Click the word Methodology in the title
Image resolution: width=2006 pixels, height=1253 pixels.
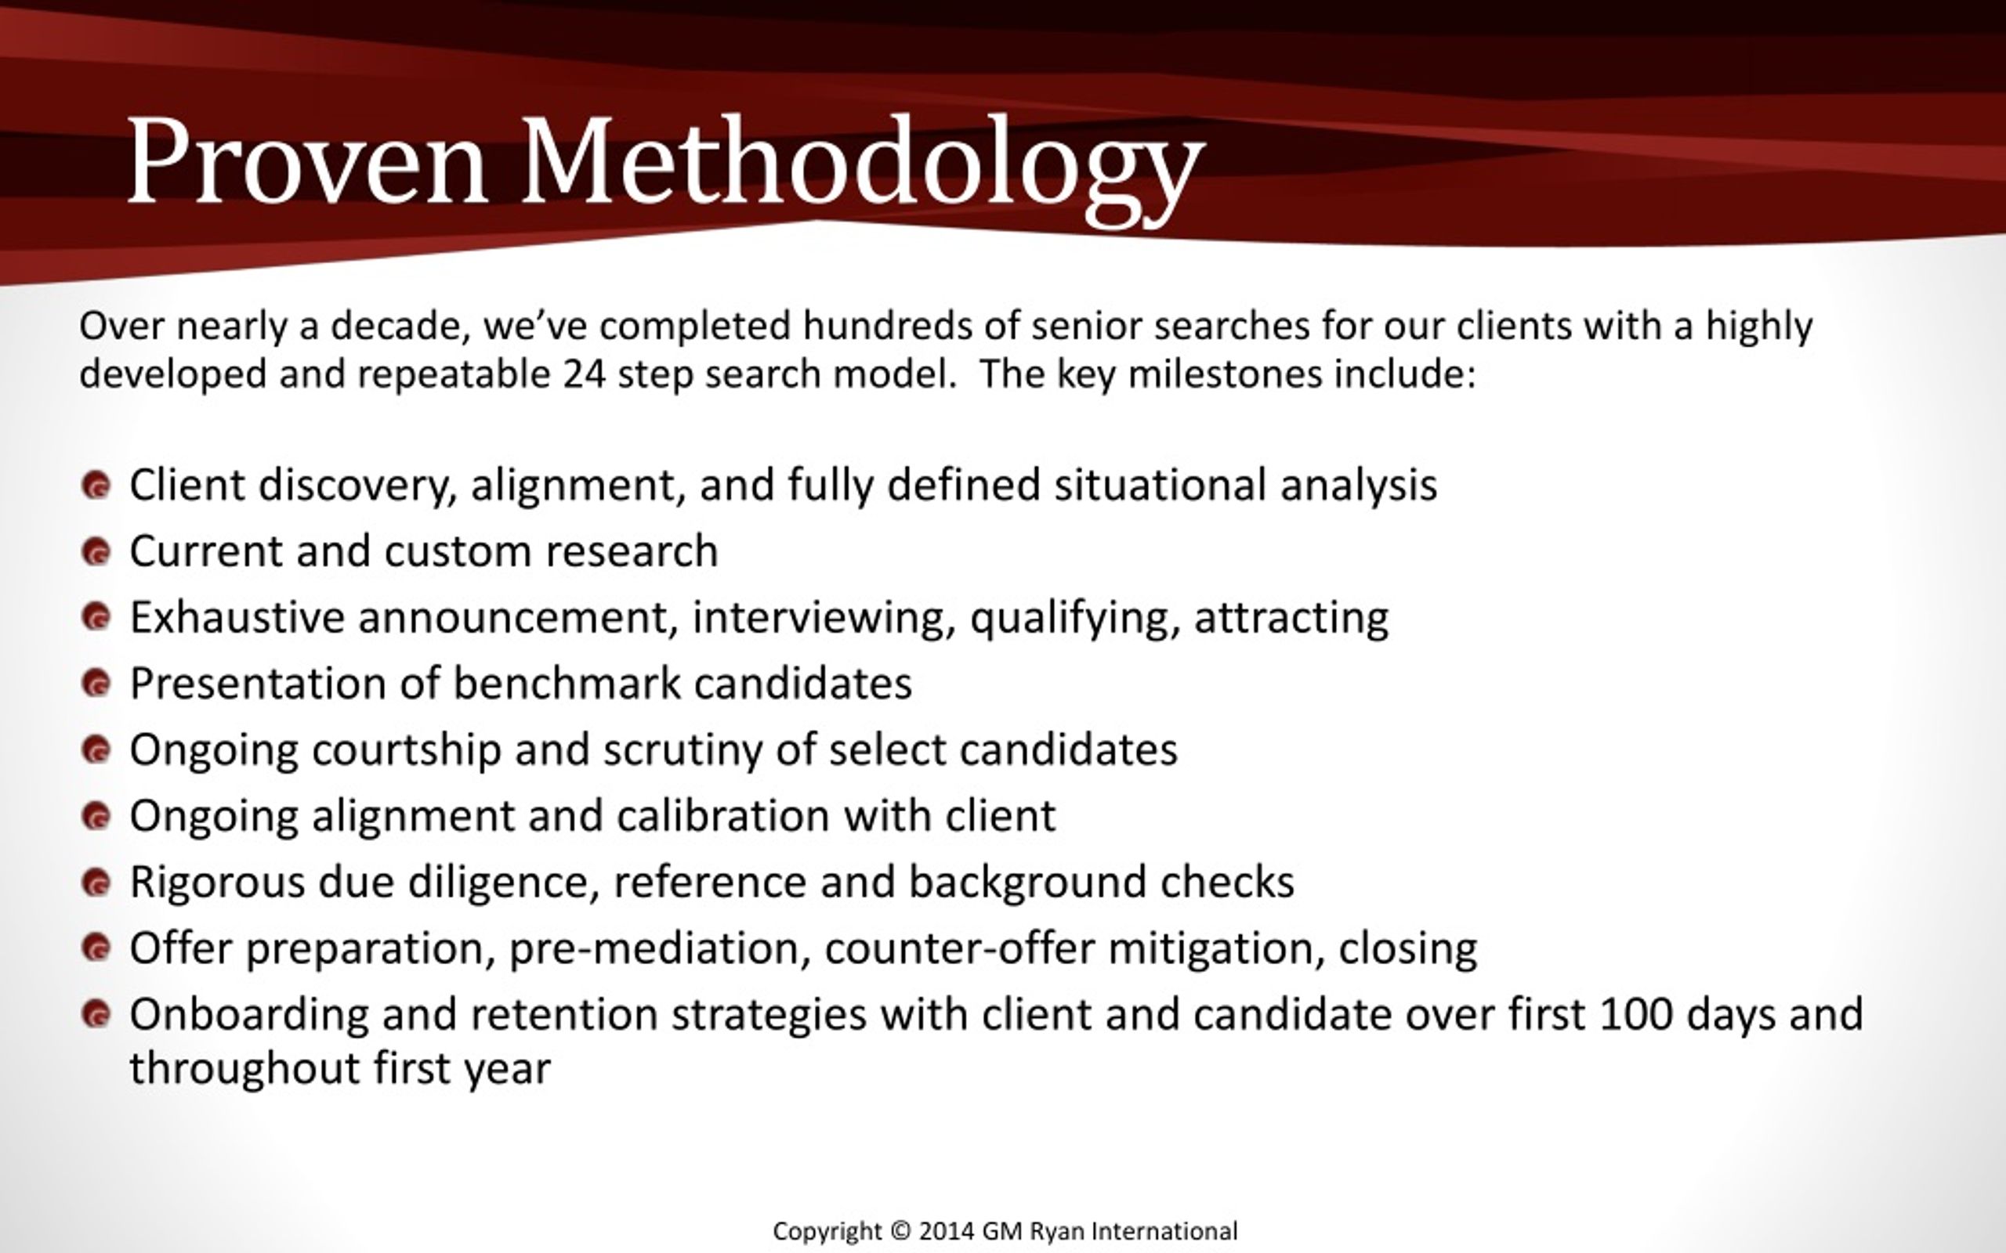(x=862, y=170)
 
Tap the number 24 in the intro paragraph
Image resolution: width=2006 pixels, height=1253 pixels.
(x=585, y=374)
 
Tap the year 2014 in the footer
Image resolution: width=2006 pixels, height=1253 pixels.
(x=947, y=1231)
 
